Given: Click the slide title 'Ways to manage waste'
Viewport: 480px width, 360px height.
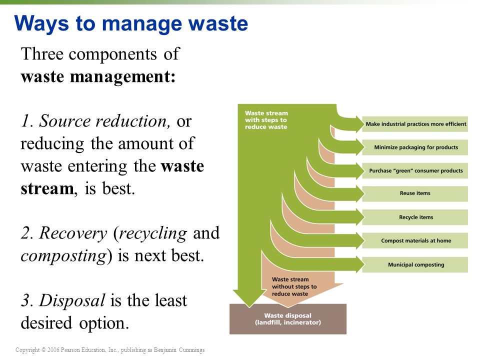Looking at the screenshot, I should point(131,23).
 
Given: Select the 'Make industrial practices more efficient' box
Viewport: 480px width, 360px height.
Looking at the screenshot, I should point(415,124).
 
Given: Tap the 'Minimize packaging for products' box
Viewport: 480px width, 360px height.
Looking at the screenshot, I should point(415,147).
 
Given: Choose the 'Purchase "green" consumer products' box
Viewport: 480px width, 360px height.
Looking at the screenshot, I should point(415,170).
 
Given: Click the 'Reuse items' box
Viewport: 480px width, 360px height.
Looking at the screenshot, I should point(415,193).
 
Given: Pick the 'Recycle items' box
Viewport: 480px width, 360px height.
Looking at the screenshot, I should point(415,217).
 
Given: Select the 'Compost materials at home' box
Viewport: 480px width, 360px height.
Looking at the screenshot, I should point(415,240).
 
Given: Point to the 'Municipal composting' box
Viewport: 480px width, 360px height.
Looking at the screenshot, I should point(415,264).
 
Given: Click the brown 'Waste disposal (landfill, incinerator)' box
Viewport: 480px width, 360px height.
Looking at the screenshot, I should point(287,319).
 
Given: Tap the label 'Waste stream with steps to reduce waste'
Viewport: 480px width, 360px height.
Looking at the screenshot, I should point(266,120).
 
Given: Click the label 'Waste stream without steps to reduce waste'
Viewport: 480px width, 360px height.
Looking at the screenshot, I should point(294,286).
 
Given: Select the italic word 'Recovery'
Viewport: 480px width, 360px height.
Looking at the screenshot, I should point(73,233).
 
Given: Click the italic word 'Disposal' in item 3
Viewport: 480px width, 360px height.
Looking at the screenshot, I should point(72,300).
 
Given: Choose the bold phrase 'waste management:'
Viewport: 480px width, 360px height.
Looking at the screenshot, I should point(98,77).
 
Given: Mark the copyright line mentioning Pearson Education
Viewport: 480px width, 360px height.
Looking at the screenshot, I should point(110,350).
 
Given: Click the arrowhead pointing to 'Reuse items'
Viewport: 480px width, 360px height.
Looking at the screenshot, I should point(356,194).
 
